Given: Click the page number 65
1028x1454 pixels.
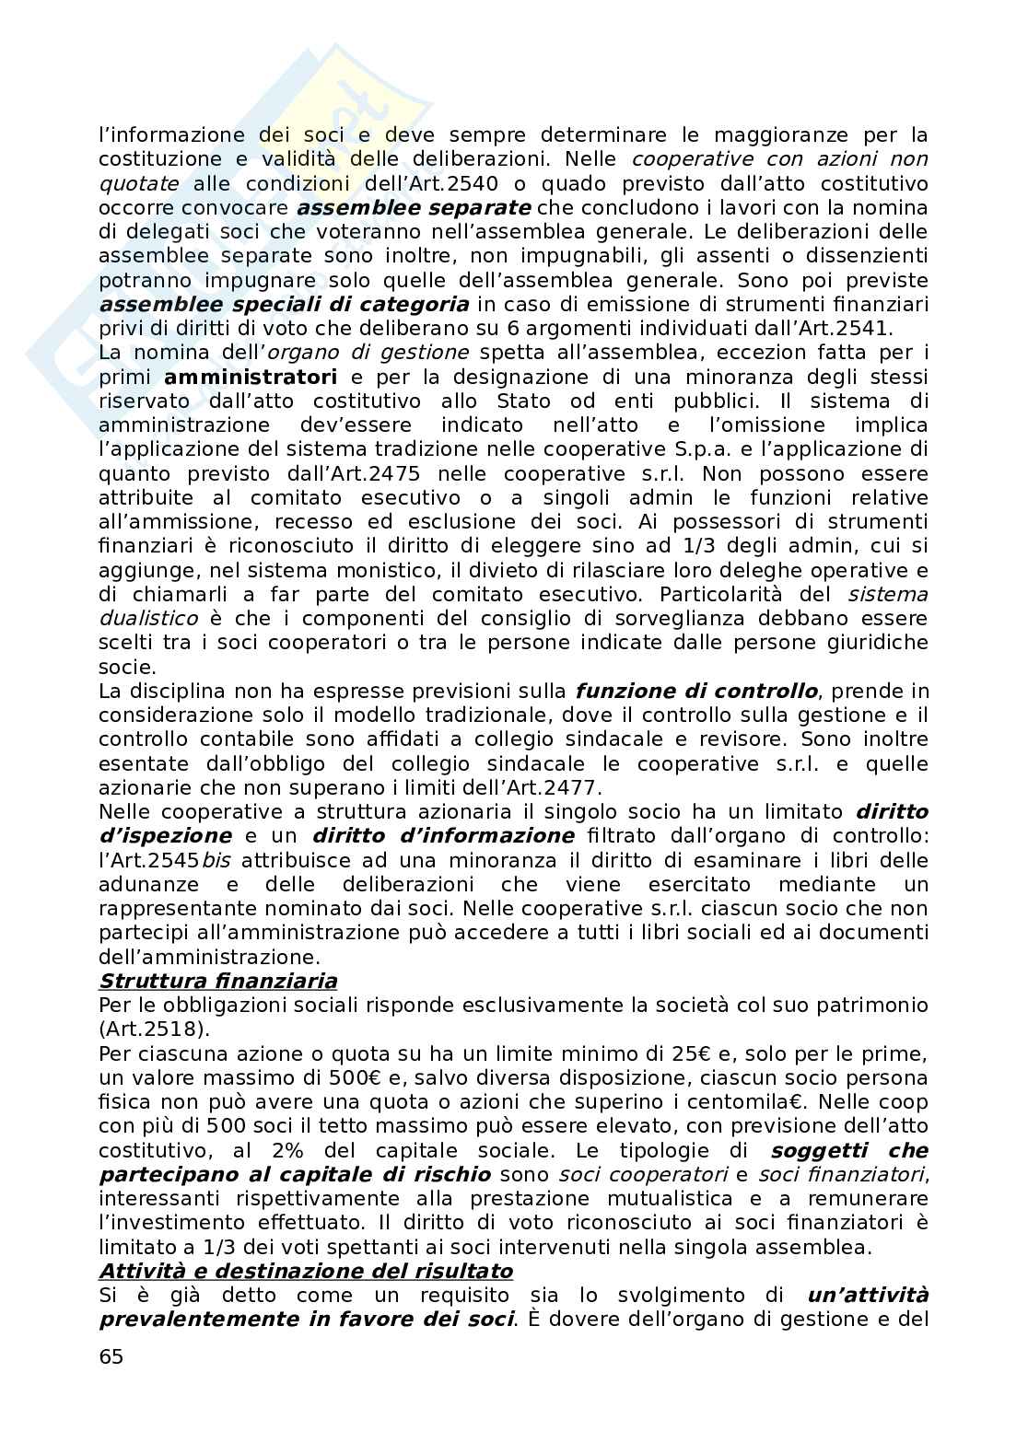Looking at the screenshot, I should (x=111, y=1356).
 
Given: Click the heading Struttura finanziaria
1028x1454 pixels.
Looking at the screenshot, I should (x=217, y=981).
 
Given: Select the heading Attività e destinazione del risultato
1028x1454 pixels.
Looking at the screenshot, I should (x=305, y=1271).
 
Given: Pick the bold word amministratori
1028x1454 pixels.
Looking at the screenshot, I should (x=251, y=377).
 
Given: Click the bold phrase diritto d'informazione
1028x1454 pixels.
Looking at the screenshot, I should (x=443, y=836).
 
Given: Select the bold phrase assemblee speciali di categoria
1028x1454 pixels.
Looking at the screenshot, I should (x=284, y=304).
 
